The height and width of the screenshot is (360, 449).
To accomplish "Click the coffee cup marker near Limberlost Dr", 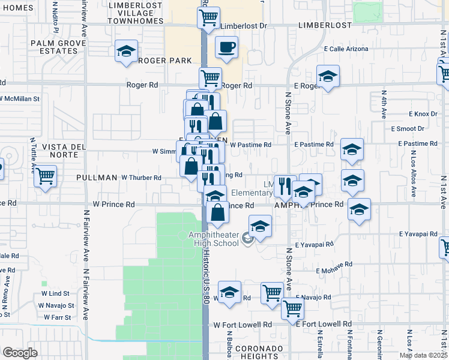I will tap(226, 47).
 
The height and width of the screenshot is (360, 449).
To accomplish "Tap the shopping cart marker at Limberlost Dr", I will tap(208, 18).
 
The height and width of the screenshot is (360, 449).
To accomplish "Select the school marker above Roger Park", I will tap(127, 52).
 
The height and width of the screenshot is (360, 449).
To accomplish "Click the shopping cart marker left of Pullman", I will tap(45, 177).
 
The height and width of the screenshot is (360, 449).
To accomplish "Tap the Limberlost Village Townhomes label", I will tap(136, 13).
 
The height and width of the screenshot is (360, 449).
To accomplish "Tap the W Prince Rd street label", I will tap(113, 205).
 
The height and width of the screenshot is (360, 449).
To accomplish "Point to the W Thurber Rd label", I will tap(142, 178).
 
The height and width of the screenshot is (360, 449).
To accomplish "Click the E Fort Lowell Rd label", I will tap(324, 324).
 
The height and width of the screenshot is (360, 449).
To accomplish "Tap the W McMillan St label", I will tap(19, 98).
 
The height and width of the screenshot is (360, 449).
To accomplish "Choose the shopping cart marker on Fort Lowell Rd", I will tap(292, 308).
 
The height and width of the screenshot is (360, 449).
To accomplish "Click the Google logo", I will tap(20, 352).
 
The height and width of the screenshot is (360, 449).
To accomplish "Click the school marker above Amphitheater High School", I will tap(260, 227).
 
